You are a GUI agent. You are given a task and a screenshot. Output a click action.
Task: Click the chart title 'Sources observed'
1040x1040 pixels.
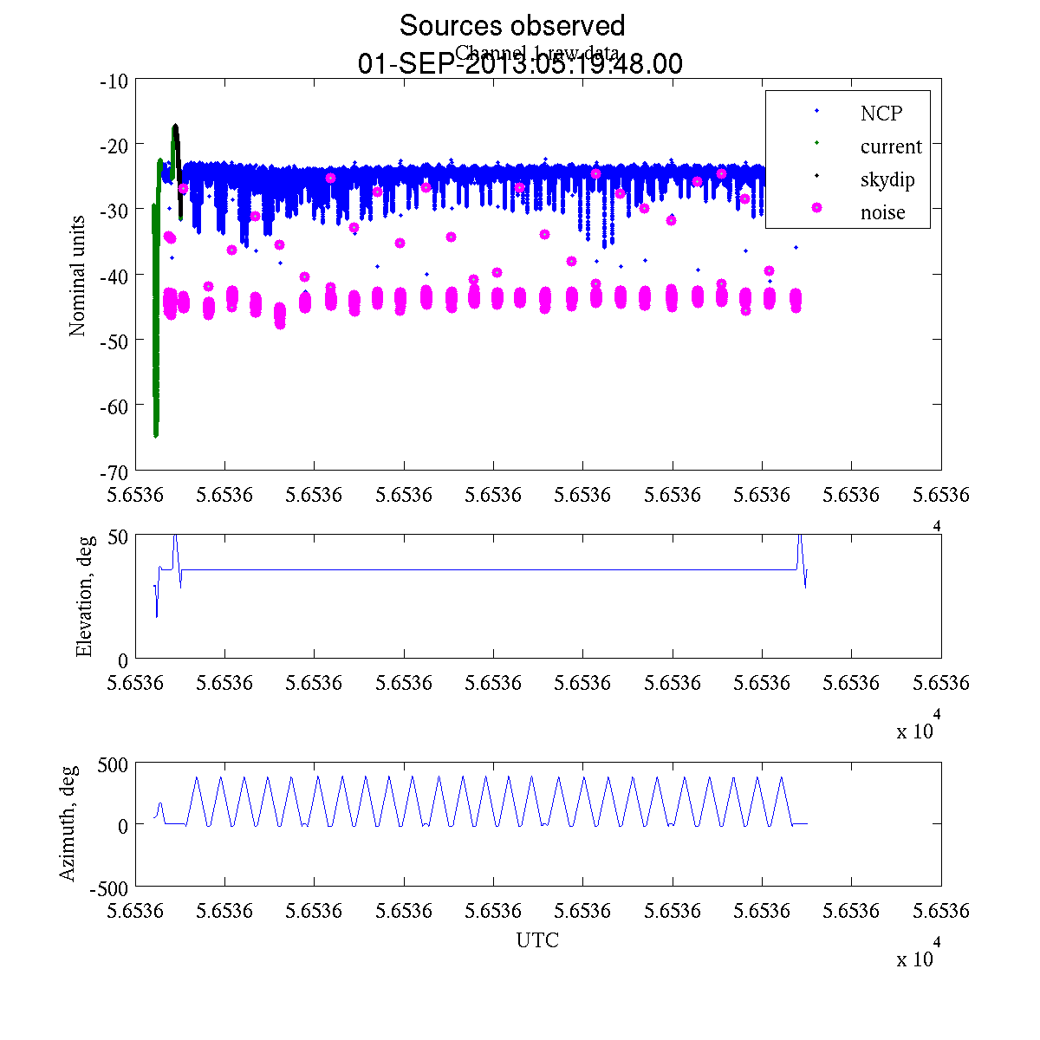511,26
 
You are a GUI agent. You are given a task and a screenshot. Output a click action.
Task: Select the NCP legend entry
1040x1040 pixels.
881,114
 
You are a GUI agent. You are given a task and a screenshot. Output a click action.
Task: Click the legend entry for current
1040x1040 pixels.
891,146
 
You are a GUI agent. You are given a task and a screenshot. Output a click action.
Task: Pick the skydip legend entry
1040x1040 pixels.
887,180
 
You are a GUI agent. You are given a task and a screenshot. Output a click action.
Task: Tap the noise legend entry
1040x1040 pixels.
882,213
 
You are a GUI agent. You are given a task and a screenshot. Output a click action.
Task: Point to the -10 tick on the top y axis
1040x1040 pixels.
114,81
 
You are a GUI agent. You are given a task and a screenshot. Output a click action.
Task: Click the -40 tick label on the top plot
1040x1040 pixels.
114,276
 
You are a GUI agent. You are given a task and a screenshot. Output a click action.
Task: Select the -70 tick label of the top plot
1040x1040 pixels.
114,471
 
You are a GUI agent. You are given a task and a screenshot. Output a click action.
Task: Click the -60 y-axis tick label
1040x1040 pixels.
114,406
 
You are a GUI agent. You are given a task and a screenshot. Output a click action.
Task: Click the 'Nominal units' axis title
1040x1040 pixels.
78,276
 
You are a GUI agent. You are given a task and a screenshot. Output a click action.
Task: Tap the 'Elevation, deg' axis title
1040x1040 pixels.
84,597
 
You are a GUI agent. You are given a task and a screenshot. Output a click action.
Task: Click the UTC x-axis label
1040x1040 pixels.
537,940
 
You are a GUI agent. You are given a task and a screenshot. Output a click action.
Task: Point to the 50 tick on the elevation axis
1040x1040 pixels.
118,536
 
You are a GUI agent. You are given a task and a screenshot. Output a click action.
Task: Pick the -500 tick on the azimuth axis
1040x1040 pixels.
108,887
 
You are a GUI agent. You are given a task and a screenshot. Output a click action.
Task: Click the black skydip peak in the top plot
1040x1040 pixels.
175,127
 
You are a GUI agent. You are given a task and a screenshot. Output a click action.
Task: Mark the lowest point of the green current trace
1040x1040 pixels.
156,435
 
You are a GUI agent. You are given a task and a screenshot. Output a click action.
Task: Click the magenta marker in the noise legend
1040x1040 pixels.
816,208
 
